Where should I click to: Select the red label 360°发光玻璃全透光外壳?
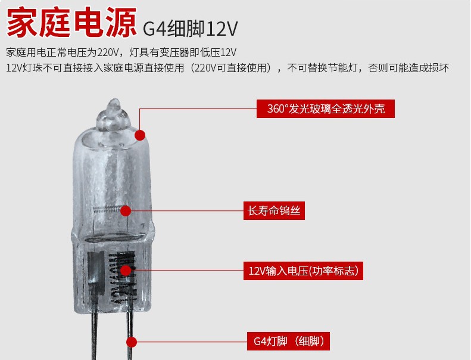[x=326, y=109]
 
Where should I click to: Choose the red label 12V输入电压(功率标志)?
[x=303, y=271]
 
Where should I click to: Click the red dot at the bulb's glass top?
[x=140, y=135]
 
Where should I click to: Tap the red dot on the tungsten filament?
[x=126, y=210]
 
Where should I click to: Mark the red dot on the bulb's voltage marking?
[x=126, y=271]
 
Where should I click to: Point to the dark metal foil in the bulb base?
[x=93, y=274]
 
